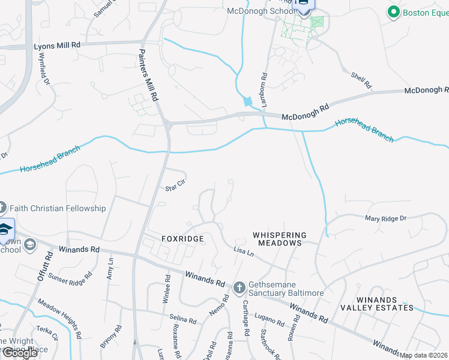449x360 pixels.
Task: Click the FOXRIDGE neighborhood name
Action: pyautogui.click(x=182, y=239)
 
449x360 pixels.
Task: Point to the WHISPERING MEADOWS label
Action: pyautogui.click(x=279, y=239)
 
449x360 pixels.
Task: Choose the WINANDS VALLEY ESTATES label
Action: pyautogui.click(x=376, y=303)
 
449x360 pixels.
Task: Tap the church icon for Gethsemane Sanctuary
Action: pyautogui.click(x=239, y=287)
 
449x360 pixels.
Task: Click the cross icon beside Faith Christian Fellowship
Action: pyautogui.click(x=2, y=208)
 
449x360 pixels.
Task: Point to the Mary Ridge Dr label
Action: pyautogui.click(x=385, y=218)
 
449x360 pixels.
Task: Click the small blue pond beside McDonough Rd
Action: pyautogui.click(x=247, y=101)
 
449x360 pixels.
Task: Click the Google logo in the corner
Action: pyautogui.click(x=20, y=352)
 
